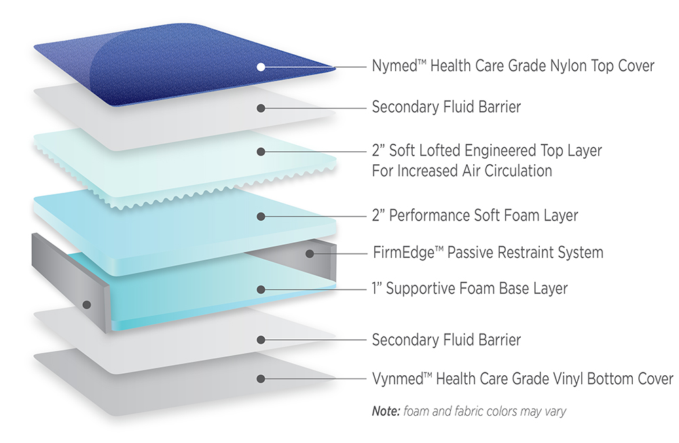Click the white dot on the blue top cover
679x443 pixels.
(x=261, y=67)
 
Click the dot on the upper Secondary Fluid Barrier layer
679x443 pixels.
(x=261, y=108)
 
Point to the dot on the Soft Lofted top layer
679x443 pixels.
(x=261, y=151)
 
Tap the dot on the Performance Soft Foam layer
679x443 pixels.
(x=261, y=216)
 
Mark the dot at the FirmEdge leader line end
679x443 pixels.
(x=310, y=254)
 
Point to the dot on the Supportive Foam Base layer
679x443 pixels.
(x=261, y=290)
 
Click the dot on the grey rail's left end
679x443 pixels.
(x=87, y=305)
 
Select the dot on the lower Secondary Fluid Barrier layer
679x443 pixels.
(x=261, y=340)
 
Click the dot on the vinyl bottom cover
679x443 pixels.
(x=261, y=379)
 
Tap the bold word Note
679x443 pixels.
(x=386, y=411)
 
